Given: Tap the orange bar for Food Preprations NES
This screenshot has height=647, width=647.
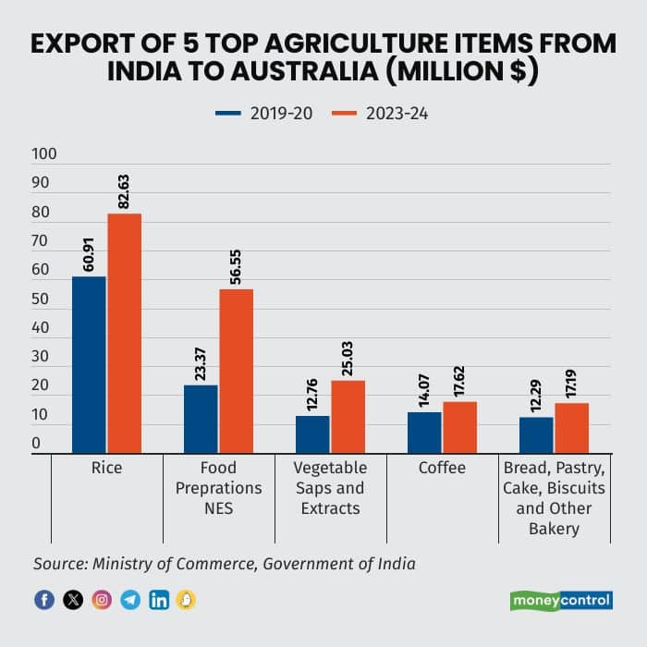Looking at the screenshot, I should point(236,371).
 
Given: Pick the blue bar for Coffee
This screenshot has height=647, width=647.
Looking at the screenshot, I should point(424,433).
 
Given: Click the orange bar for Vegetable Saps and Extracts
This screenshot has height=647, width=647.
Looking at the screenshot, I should point(348,417).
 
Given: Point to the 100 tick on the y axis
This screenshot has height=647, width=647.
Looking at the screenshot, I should point(43,154).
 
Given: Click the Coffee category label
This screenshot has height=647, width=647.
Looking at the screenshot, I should point(442,469).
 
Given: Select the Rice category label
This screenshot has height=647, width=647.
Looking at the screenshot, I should point(106,469).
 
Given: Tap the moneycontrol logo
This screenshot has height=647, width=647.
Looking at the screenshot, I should point(561,601).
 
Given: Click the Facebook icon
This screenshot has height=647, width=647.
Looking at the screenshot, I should point(43,600).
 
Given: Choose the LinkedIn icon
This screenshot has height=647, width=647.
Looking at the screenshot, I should point(159,600).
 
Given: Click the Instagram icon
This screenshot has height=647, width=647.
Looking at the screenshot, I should point(102,600).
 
